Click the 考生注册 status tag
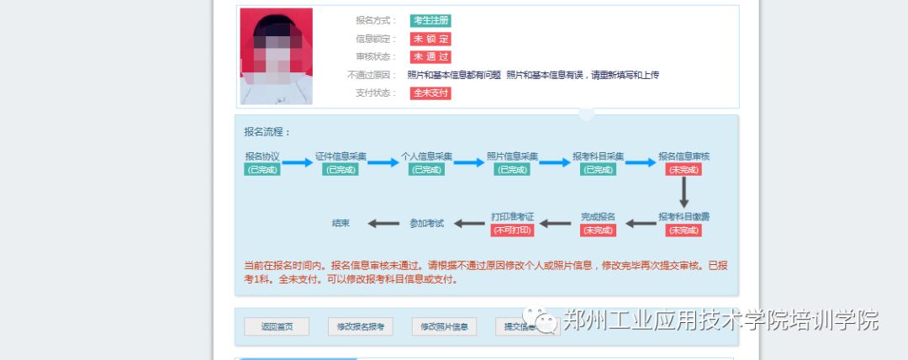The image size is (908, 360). point(431,20)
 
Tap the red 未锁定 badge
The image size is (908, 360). point(430,39)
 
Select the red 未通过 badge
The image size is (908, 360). point(430,57)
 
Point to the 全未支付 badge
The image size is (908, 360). point(430,93)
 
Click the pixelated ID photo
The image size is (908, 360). point(276,56)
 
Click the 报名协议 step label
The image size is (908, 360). point(262,156)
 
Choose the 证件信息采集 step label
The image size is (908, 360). point(340,156)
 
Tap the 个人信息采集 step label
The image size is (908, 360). point(426,156)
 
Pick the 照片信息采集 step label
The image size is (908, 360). point(512,156)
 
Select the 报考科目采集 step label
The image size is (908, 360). point(598,156)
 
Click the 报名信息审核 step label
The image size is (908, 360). point(684,156)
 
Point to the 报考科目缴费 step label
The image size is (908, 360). point(684,217)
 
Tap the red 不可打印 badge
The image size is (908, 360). point(512,230)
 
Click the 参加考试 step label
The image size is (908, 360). point(426,224)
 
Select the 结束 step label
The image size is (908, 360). point(340,224)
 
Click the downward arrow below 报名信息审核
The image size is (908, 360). point(684,193)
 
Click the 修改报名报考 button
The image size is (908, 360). point(361,326)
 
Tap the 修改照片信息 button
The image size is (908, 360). point(445,326)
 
